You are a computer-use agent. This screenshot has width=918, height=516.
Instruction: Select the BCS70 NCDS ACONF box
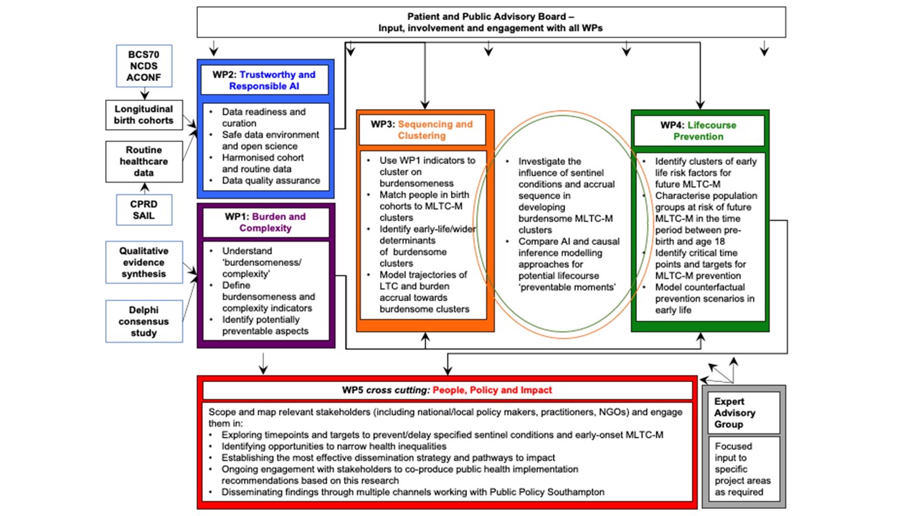pos(144,66)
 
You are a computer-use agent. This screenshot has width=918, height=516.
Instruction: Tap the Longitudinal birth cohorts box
pos(144,114)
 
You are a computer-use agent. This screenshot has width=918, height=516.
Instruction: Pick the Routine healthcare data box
pos(144,161)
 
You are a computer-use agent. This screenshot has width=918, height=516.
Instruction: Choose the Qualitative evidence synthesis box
pos(144,262)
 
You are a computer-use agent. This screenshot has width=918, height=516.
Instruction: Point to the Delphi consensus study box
pos(144,321)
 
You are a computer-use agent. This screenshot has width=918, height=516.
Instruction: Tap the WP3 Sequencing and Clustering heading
pos(425,130)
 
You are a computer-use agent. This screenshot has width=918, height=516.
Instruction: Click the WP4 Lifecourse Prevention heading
pos(699,130)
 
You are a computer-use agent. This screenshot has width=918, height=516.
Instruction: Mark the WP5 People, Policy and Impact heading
pos(447,390)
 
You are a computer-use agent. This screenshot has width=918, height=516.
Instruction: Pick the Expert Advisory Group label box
pos(744,413)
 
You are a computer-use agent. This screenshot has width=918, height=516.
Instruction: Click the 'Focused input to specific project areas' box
pos(744,469)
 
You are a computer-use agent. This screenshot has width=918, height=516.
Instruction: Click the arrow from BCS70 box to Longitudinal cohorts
pos(144,93)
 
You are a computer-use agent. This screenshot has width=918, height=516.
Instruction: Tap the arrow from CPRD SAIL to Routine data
pos(144,188)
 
